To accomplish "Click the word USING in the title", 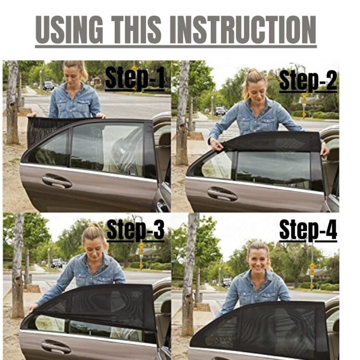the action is pos(69,30).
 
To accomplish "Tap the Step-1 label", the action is pos(135,78).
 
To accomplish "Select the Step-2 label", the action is pos(308,80).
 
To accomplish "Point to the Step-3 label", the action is pos(136,230).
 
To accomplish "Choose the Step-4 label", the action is pos(308,230).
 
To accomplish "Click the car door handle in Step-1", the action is pos(57,181).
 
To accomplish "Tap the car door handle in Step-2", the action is pos(222,194).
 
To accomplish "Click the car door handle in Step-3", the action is pos(56,346).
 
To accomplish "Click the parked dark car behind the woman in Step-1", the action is pos(48,86).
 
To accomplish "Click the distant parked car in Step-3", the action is pos(56,263).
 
